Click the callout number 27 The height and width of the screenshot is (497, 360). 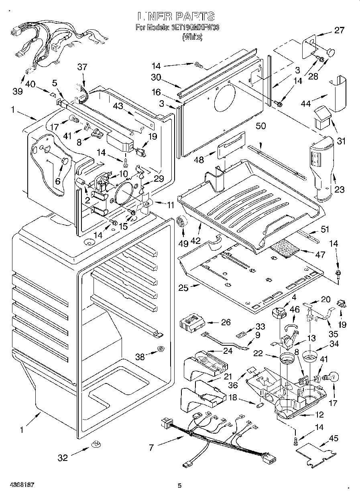339,30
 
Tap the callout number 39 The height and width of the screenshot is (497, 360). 17,91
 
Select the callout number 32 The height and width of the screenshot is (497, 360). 63,458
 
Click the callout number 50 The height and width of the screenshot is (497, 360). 261,126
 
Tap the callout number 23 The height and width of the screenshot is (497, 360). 339,190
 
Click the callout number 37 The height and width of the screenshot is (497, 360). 82,67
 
